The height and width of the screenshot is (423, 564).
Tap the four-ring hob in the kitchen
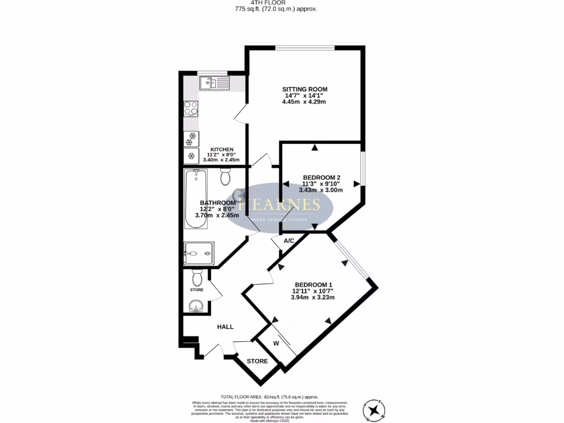(191, 109)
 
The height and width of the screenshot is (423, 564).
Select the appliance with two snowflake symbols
(192, 137)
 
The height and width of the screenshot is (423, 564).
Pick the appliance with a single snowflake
(192, 156)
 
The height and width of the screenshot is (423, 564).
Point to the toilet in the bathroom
(225, 176)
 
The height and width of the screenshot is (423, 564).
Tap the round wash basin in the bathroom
(238, 195)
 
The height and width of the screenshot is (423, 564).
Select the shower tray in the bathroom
(197, 253)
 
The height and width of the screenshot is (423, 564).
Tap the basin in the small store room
(195, 306)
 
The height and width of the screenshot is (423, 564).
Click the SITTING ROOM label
(305, 89)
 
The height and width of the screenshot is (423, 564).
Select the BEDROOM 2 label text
(318, 177)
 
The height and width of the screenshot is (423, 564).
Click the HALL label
(225, 327)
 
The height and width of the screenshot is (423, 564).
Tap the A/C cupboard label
(288, 241)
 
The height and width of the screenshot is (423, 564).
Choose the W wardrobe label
(276, 343)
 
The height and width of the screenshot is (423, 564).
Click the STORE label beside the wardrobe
(257, 361)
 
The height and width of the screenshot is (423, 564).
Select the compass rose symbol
(375, 409)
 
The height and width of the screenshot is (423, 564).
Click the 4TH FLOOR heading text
(283, 3)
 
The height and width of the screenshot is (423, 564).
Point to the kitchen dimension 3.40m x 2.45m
(222, 160)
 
